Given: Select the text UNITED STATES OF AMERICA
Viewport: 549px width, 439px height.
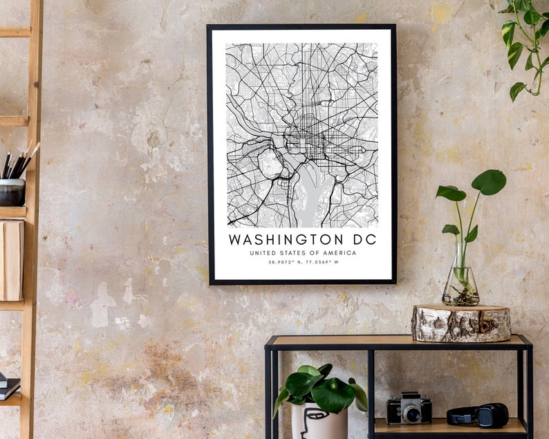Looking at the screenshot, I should (x=303, y=253).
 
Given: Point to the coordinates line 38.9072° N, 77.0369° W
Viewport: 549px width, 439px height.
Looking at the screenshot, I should (x=303, y=263).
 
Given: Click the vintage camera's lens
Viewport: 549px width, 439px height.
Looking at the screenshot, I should (x=412, y=414).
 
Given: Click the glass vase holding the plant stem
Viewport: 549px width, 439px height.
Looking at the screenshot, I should (x=460, y=282).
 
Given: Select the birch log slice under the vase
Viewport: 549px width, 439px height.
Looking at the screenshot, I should (x=460, y=324).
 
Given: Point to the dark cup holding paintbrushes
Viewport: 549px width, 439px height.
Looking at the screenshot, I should (x=12, y=192).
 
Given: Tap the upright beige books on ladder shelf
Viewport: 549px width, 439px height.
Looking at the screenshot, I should (x=12, y=260).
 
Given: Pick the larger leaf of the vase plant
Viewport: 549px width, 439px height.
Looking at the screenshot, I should (x=489, y=182).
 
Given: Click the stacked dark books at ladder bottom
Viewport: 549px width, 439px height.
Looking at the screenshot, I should (x=9, y=387).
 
